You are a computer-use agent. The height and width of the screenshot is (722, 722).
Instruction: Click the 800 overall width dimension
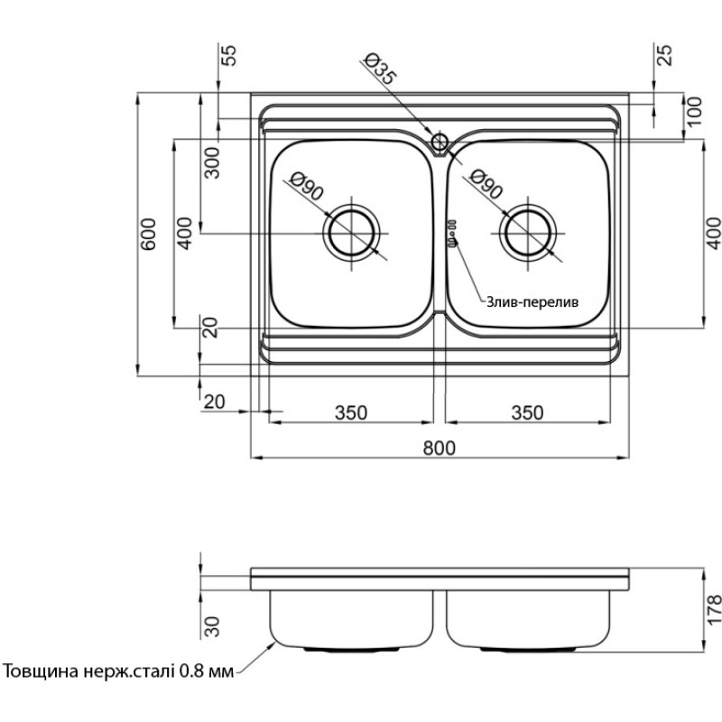point(439,447)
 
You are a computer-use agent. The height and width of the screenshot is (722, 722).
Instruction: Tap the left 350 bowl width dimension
point(351,412)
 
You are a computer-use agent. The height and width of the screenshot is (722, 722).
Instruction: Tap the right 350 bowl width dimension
point(527,412)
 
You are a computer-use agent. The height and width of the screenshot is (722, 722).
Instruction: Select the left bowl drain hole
point(350,231)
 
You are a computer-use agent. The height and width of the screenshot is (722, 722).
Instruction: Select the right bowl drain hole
point(528,231)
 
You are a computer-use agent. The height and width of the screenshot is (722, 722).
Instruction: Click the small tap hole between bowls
point(440,141)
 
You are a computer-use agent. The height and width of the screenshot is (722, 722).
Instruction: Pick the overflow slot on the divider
point(451,232)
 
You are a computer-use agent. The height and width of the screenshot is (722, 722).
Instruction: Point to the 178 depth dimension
point(714,612)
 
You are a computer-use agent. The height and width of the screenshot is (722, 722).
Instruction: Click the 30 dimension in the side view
point(213,625)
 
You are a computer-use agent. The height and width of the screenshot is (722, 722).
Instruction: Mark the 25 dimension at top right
point(665,56)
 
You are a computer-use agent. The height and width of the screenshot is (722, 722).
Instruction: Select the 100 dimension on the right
point(693,111)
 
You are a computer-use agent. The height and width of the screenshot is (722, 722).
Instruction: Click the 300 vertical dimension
point(212,162)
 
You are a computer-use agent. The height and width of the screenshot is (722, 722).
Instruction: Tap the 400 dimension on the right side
point(714,234)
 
